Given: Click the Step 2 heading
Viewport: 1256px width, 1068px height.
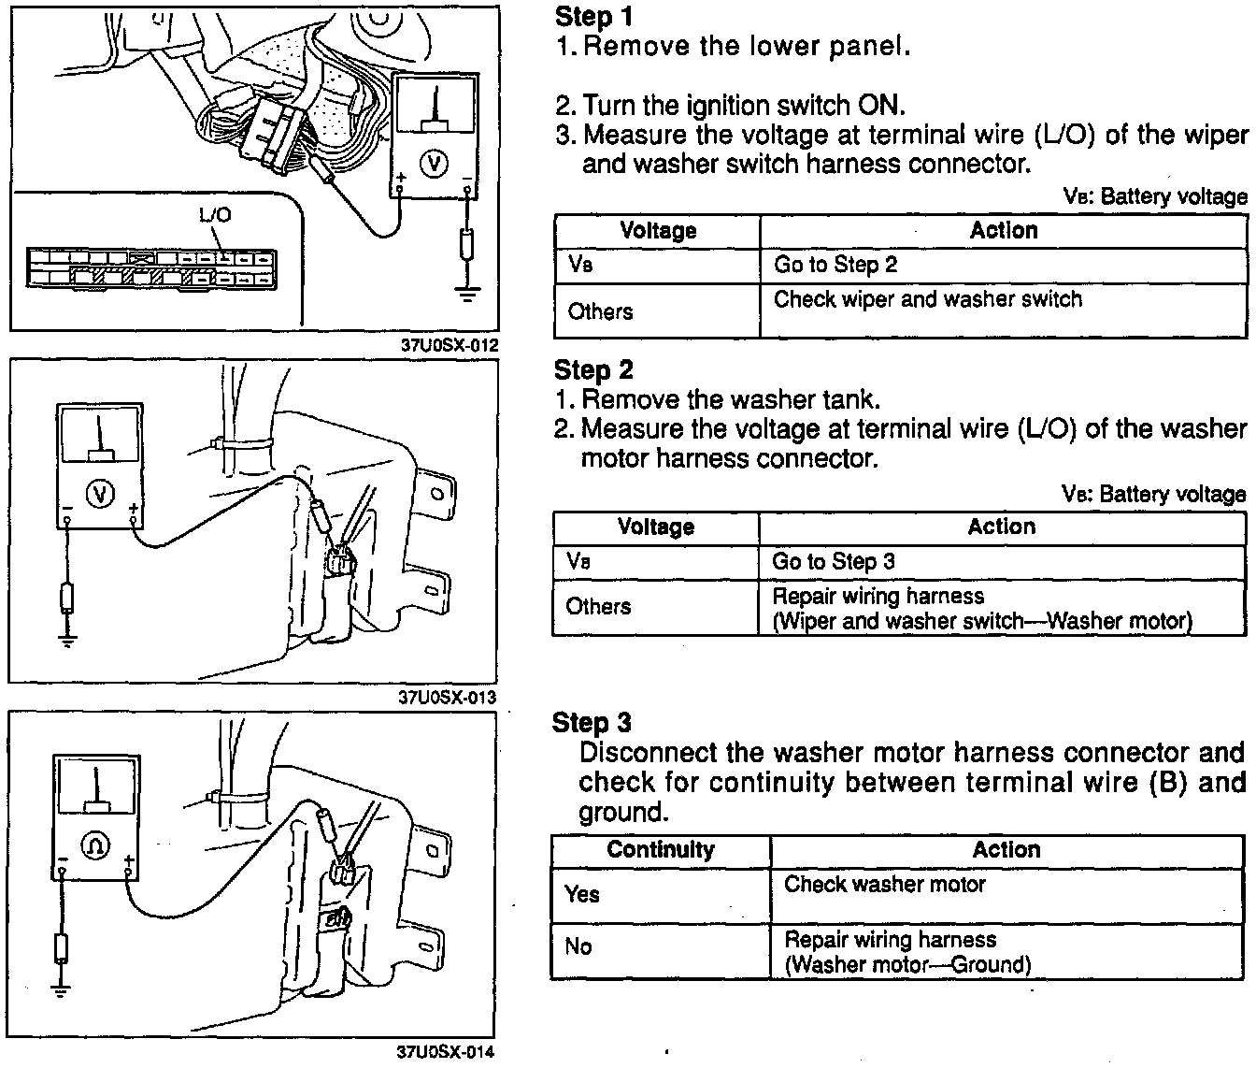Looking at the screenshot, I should [x=593, y=370].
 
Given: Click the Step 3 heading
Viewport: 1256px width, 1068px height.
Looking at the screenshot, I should [x=592, y=723].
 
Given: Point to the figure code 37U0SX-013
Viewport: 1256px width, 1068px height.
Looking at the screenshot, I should [x=448, y=698].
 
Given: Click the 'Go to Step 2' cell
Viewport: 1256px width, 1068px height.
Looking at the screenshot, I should [x=835, y=265].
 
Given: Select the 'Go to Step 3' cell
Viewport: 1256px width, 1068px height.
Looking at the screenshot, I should [x=834, y=561].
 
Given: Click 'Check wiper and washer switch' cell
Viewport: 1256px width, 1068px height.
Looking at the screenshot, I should [x=928, y=299].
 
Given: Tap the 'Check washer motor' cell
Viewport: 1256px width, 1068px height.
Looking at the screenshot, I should [x=885, y=884].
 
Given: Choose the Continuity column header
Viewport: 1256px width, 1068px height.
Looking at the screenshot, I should [x=660, y=849].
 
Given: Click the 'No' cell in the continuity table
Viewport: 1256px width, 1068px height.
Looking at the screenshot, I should [x=578, y=946].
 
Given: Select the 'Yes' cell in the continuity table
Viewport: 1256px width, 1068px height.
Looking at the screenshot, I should [x=581, y=894].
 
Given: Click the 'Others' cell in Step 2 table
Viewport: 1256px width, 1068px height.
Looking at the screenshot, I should [x=598, y=606].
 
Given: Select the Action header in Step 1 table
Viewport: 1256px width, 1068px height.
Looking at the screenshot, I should [x=1004, y=230].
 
